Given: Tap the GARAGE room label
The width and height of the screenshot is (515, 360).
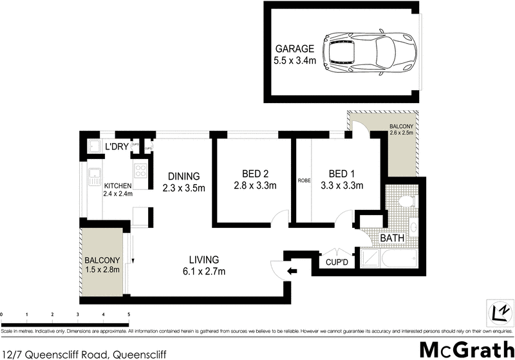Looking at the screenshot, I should click(295, 49).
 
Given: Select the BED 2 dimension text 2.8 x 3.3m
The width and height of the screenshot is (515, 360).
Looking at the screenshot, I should click(254, 186).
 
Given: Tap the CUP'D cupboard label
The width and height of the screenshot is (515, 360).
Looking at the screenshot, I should click(337, 263).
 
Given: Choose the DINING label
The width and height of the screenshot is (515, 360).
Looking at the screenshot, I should click(183, 176).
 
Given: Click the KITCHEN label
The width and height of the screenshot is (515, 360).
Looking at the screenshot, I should click(118, 185).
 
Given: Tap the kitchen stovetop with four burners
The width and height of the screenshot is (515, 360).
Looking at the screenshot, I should click(141, 170).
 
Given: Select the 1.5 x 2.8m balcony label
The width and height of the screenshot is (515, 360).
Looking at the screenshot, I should click(103, 270).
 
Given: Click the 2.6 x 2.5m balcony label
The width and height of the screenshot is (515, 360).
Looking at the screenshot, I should click(403, 134).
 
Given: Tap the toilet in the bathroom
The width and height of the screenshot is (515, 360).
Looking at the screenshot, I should click(406, 201).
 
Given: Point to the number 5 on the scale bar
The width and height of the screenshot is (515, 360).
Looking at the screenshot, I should click(128, 315).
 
